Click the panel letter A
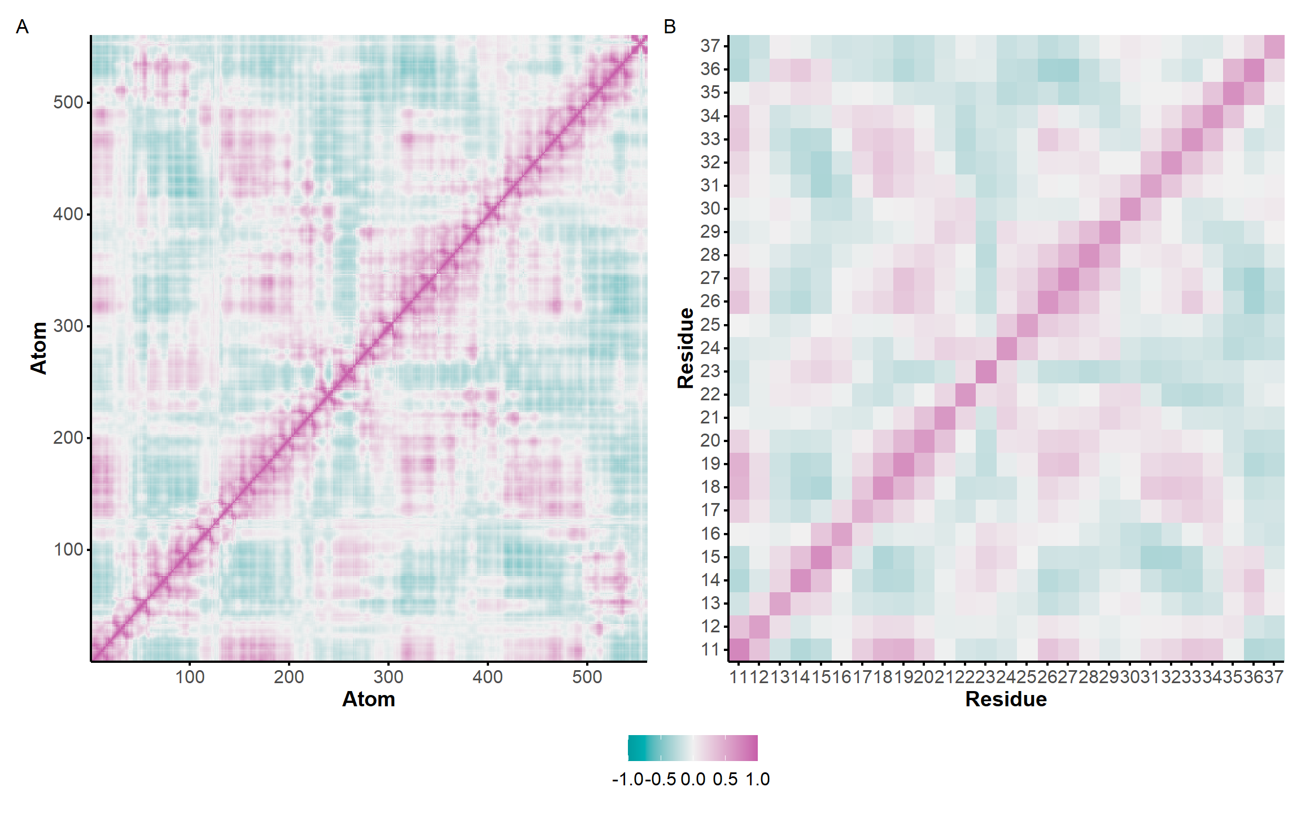[22, 27]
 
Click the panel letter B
[670, 27]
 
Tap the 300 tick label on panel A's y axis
[68, 326]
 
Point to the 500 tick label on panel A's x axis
[587, 676]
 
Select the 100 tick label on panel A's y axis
[68, 549]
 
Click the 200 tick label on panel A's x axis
[289, 676]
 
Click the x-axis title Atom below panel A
[369, 699]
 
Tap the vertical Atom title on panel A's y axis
[38, 348]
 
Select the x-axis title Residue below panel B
[1006, 699]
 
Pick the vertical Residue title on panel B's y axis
[686, 348]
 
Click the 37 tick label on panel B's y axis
[710, 46]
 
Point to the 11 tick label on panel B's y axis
[710, 649]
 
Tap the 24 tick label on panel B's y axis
[710, 348]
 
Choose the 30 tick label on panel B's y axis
[710, 208]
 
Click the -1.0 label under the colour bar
[628, 779]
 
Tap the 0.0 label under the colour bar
[693, 779]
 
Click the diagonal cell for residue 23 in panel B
[986, 371]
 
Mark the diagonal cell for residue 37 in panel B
[1274, 46]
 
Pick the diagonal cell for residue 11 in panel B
[739, 649]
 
